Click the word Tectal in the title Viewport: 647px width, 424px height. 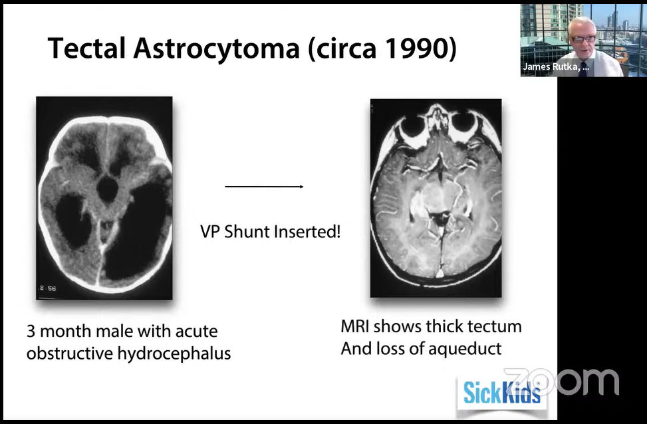[86, 49]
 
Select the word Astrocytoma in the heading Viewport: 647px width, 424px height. [216, 49]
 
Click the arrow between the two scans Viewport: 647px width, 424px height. [264, 187]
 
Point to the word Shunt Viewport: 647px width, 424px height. [246, 232]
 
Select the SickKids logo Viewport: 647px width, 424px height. [501, 392]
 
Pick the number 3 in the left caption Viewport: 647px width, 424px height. [31, 331]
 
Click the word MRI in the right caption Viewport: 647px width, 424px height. [354, 327]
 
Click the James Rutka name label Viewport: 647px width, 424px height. [556, 67]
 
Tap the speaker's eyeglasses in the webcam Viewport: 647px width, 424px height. [583, 39]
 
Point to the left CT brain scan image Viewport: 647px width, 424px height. [104, 198]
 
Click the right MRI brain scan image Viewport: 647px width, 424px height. [436, 198]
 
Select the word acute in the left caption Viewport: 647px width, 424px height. [196, 331]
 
